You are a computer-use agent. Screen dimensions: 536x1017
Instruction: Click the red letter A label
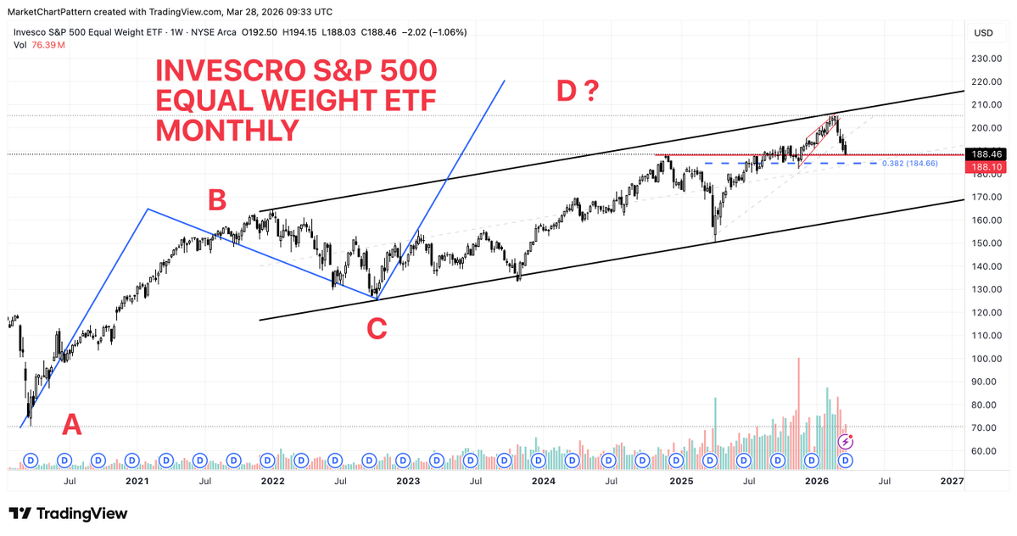coord(72,424)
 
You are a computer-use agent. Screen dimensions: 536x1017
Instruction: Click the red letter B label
coord(216,200)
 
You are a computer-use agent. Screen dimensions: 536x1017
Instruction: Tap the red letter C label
coord(377,329)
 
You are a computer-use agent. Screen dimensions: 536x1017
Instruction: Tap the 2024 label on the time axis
coord(544,481)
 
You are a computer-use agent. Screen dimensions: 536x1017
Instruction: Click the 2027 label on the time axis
coord(952,481)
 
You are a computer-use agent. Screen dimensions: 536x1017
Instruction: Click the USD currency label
coord(983,33)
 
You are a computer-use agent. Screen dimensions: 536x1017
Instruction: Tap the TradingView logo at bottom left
coord(68,514)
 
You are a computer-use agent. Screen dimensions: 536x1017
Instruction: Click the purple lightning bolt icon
coord(846,441)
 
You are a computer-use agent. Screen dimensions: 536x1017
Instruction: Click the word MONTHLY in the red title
coord(226,130)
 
